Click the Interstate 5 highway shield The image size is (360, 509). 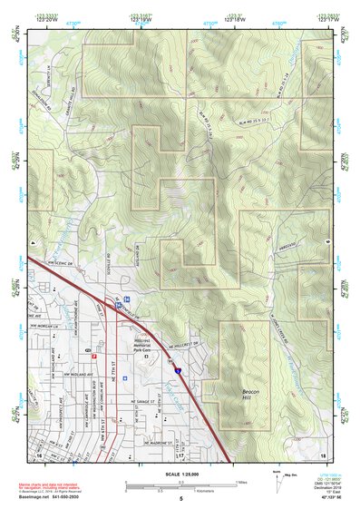click(x=177, y=370)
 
